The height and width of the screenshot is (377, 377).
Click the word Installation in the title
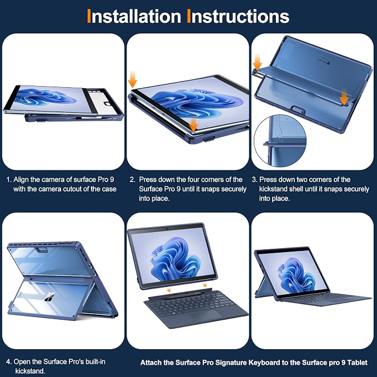134,16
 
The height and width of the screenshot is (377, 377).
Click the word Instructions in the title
238,16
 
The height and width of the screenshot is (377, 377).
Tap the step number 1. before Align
9,179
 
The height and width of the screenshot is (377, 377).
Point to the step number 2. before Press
133,179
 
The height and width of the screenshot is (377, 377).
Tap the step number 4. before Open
9,362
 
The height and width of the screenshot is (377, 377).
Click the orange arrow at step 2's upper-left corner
133,79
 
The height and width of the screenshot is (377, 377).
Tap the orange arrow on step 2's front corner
193,124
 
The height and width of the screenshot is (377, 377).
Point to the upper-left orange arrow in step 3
258,62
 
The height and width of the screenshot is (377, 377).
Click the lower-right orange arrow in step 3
345,97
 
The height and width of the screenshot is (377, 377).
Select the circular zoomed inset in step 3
280,141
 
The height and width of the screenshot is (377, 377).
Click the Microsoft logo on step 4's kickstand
49,297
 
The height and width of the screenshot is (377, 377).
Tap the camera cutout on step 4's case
42,250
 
